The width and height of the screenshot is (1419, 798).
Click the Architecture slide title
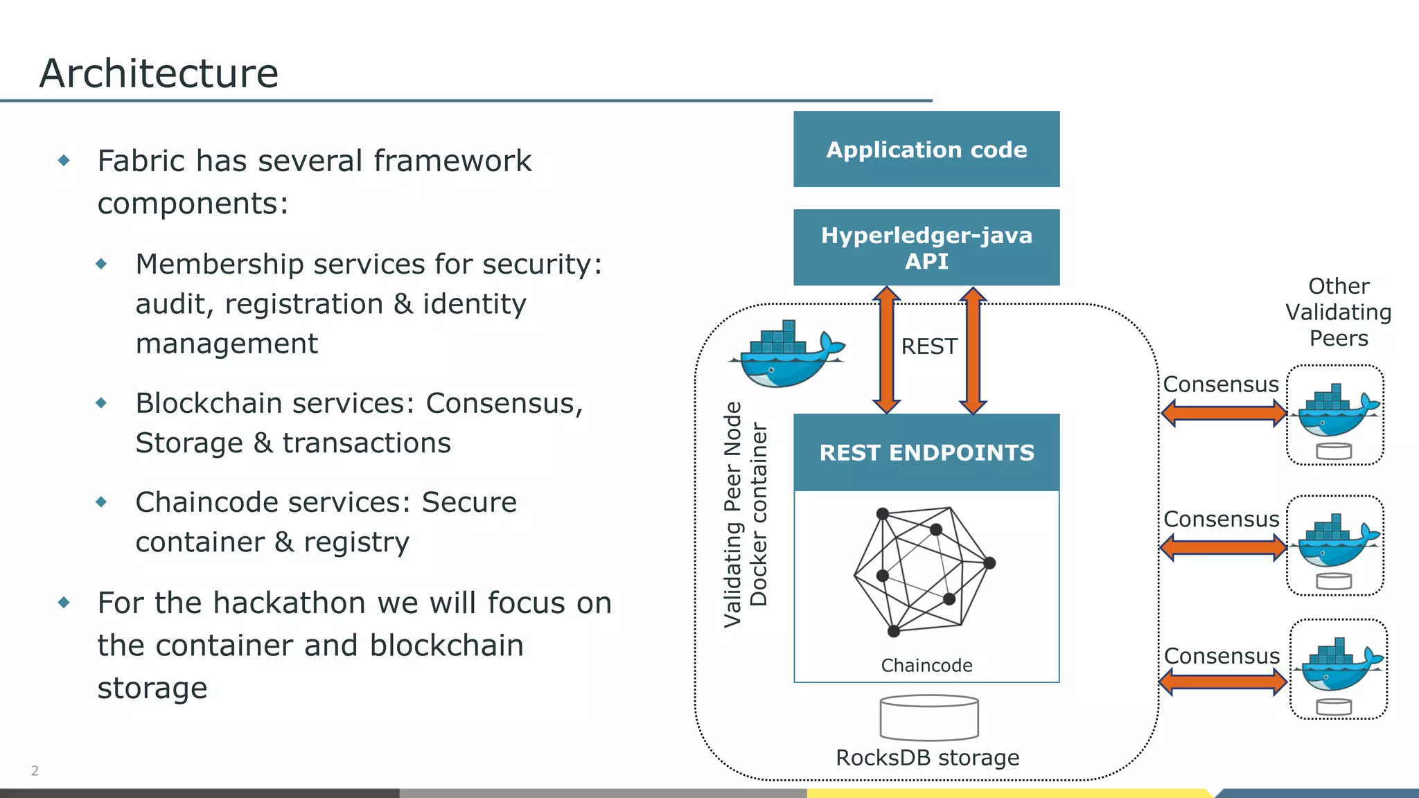pos(159,73)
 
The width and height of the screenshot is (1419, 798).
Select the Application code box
pos(926,149)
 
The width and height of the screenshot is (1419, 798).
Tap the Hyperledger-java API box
pos(926,247)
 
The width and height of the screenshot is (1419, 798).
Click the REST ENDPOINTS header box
pos(926,452)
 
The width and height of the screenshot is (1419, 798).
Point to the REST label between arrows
pos(928,346)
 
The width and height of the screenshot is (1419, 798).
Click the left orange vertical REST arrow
pos(886,350)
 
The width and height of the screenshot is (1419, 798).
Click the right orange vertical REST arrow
pos(973,350)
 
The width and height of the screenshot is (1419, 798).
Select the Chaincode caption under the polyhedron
pos(926,666)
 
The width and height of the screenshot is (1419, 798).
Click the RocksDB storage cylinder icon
pos(928,719)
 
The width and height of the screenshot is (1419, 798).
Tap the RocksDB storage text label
pos(927,758)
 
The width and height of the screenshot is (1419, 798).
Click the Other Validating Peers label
pos(1338,312)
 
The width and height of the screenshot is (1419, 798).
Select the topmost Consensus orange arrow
pos(1224,414)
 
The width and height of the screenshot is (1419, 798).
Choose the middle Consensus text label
pos(1221,519)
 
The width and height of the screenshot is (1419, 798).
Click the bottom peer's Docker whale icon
pos(1340,666)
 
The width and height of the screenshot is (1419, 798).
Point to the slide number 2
pos(35,770)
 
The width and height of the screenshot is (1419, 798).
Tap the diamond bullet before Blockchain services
pos(101,402)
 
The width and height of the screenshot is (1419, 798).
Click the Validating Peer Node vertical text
pos(732,514)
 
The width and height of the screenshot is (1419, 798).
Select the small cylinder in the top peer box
pos(1334,452)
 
